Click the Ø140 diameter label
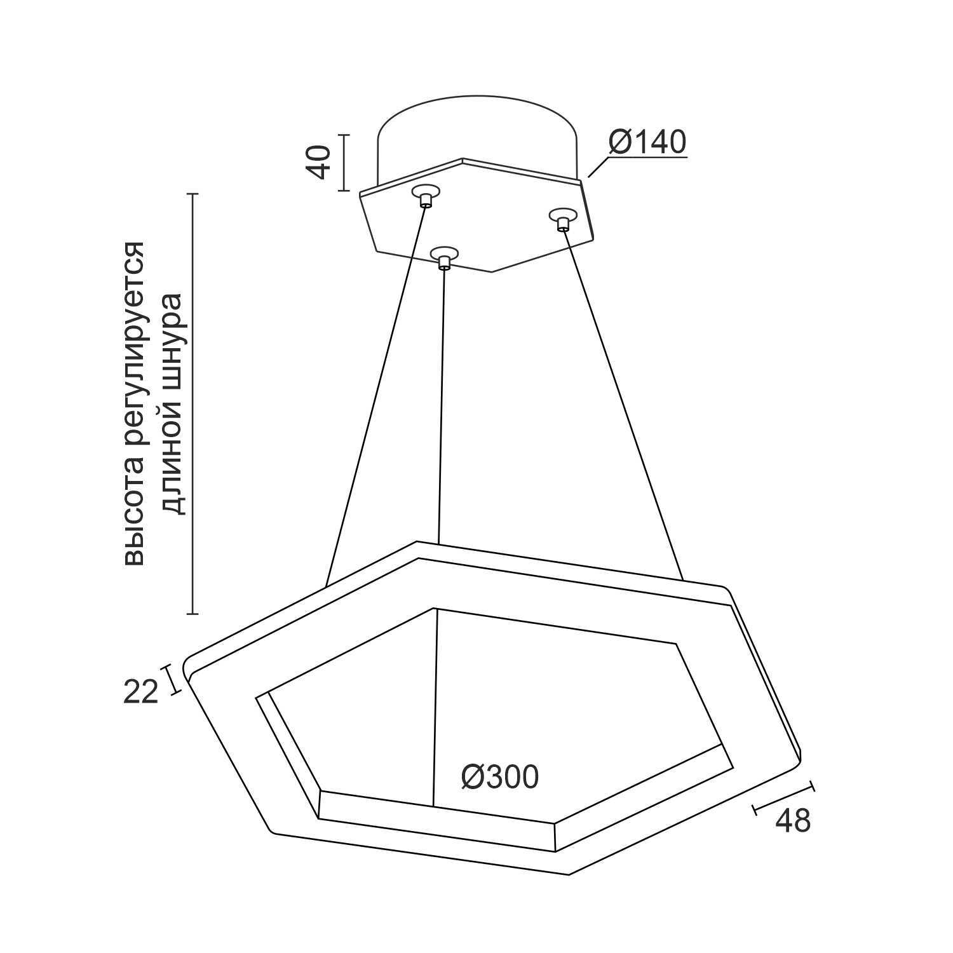pyautogui.click(x=647, y=142)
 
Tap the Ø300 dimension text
pyautogui.click(x=500, y=776)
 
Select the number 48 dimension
pyautogui.click(x=793, y=820)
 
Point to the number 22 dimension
pyautogui.click(x=140, y=692)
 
